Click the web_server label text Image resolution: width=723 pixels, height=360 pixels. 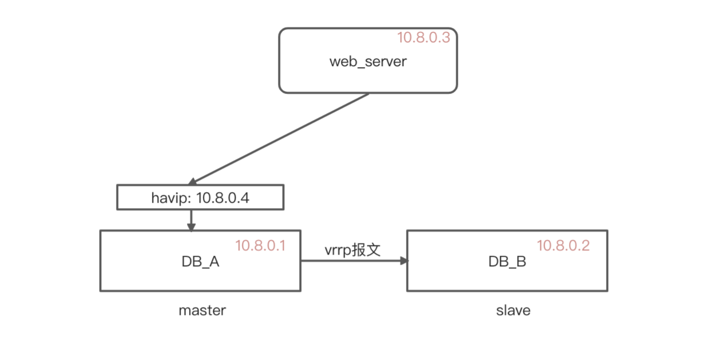368,62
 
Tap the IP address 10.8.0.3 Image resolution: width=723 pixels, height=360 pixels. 423,38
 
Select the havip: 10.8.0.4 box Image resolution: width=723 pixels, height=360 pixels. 200,197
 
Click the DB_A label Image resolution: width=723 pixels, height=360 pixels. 200,262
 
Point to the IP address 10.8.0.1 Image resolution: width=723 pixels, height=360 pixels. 260,246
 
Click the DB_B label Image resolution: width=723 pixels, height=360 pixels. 507,262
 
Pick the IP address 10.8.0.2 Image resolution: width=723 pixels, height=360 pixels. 563,246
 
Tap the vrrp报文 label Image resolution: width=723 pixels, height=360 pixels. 352,250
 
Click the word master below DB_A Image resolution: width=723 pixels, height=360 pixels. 202,311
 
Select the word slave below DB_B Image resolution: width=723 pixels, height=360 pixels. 513,311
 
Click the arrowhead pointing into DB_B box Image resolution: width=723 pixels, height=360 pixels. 404,261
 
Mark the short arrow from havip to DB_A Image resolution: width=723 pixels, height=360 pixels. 191,220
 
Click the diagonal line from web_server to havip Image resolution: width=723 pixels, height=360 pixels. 280,138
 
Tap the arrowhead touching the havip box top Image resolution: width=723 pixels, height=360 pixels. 192,182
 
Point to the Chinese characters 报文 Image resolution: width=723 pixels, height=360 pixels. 366,250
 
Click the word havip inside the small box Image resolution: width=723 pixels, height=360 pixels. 170,198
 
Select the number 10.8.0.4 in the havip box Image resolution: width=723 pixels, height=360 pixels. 223,198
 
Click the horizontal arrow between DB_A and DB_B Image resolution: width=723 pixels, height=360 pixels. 351,261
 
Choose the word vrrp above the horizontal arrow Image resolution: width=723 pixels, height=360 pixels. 338,251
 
